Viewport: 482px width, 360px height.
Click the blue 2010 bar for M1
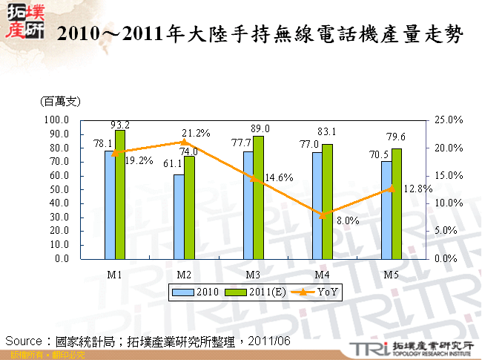109,205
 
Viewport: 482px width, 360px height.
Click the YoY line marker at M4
323,215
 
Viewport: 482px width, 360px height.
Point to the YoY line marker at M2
184,142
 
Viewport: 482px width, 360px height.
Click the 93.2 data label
120,124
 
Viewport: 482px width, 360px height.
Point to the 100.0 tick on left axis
56,120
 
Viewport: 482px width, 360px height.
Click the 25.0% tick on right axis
449,120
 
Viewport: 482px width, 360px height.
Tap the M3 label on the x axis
253,274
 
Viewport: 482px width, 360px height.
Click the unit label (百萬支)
61,100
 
